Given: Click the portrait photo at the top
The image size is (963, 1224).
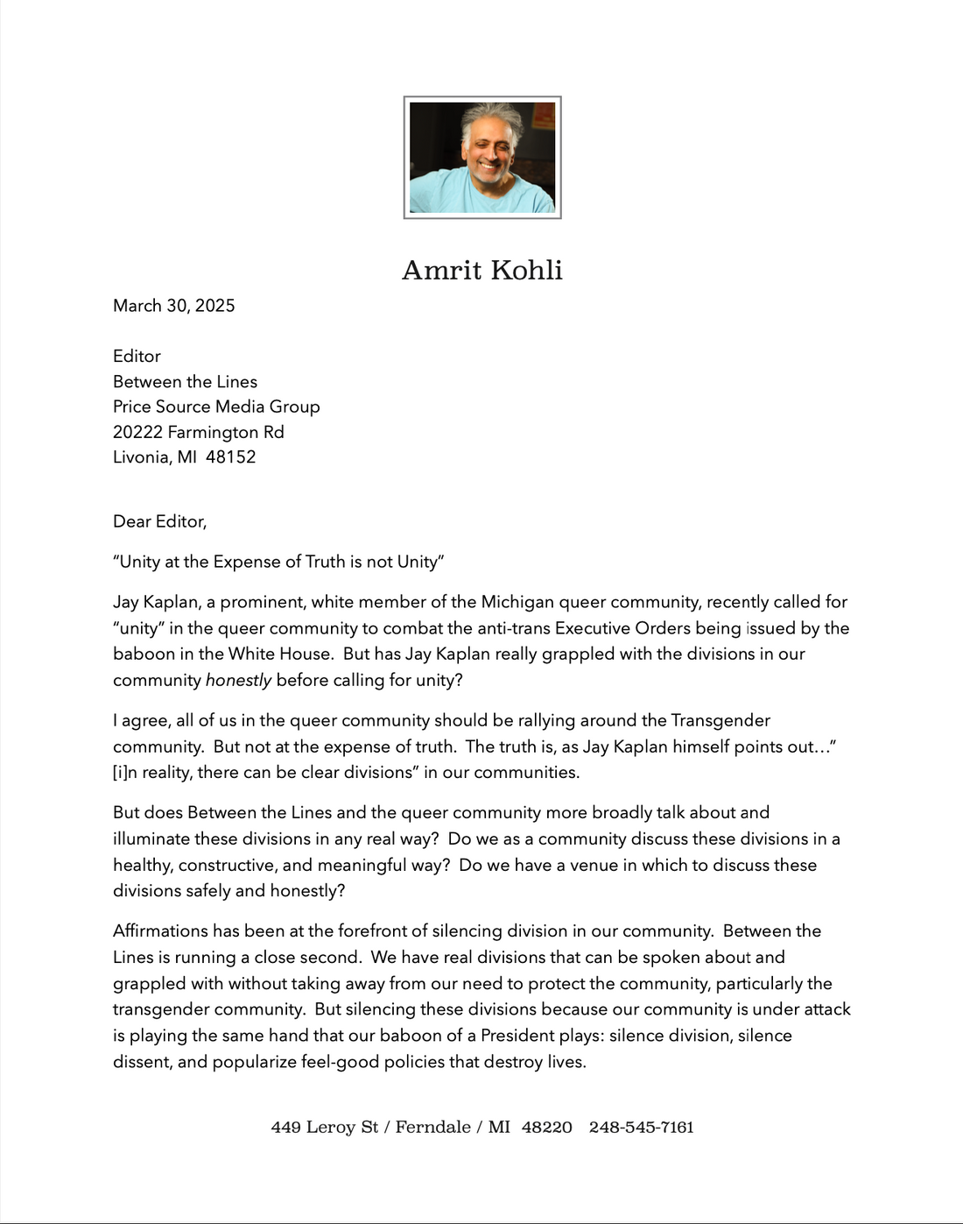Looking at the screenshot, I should click(x=481, y=158).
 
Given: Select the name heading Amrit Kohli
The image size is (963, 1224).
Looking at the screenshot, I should click(x=481, y=270).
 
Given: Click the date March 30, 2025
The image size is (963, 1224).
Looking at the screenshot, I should click(x=174, y=306).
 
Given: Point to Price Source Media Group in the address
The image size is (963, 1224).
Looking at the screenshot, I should click(x=216, y=407).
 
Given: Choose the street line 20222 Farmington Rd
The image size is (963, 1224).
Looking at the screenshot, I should click(x=199, y=432).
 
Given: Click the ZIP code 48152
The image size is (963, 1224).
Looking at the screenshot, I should click(x=230, y=457).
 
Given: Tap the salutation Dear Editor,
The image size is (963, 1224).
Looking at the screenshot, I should click(x=159, y=521).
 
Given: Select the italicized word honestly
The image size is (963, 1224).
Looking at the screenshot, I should click(x=238, y=680).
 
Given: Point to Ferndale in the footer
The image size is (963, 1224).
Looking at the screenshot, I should click(x=432, y=1127).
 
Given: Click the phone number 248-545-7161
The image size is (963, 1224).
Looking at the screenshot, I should click(x=641, y=1127).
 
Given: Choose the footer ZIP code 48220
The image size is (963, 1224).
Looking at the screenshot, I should click(x=546, y=1127).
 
